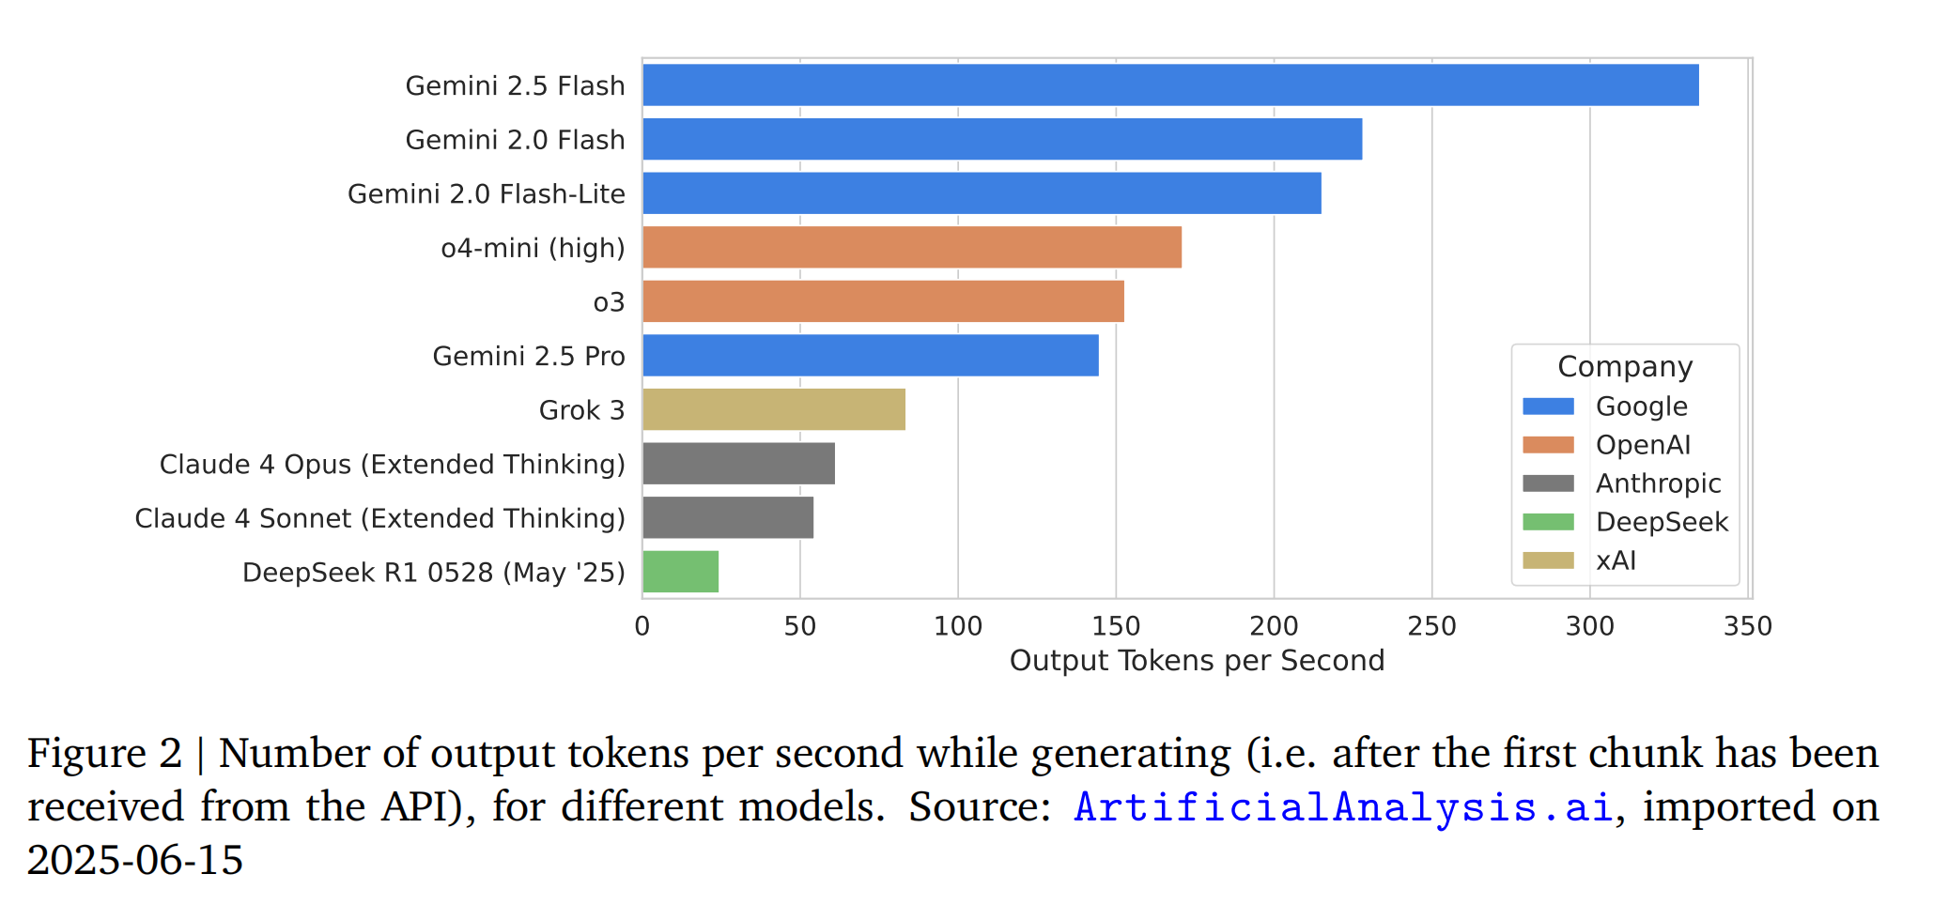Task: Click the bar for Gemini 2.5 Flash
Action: (x=1169, y=85)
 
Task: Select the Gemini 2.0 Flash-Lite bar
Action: (x=982, y=193)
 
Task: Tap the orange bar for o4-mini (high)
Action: (x=911, y=248)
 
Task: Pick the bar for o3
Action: (x=883, y=301)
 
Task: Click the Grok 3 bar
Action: (x=774, y=410)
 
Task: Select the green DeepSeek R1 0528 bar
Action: (x=681, y=572)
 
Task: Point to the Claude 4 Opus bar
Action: (x=738, y=464)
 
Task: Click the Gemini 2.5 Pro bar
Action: (x=871, y=356)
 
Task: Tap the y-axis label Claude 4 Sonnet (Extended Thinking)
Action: (x=379, y=518)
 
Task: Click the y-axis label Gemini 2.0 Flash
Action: (x=515, y=140)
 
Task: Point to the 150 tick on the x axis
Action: (x=1116, y=626)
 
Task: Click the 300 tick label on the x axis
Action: (x=1589, y=626)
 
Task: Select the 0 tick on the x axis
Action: (x=642, y=626)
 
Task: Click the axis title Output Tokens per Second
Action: (x=1197, y=661)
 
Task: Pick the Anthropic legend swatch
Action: (x=1548, y=483)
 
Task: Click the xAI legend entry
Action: (x=1616, y=560)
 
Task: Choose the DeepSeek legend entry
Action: (x=1662, y=522)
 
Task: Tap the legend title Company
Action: (x=1625, y=367)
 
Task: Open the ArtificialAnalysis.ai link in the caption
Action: (x=1343, y=807)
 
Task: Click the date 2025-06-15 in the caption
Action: (x=135, y=860)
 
